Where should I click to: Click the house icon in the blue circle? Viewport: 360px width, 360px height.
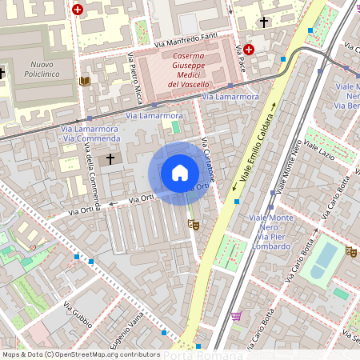click(180, 172)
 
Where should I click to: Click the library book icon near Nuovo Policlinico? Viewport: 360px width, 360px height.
click(85, 82)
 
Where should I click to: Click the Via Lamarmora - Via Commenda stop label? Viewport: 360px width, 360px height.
click(89, 133)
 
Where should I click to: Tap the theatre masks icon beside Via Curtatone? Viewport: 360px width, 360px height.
click(192, 225)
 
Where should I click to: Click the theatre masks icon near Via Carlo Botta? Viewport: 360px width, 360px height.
click(350, 251)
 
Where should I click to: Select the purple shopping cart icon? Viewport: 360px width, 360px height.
click(236, 316)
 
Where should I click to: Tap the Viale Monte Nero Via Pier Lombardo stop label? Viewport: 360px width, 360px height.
click(270, 232)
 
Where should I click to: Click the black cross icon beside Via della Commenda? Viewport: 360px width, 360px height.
click(110, 159)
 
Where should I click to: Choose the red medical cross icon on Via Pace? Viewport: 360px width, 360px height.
click(249, 50)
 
